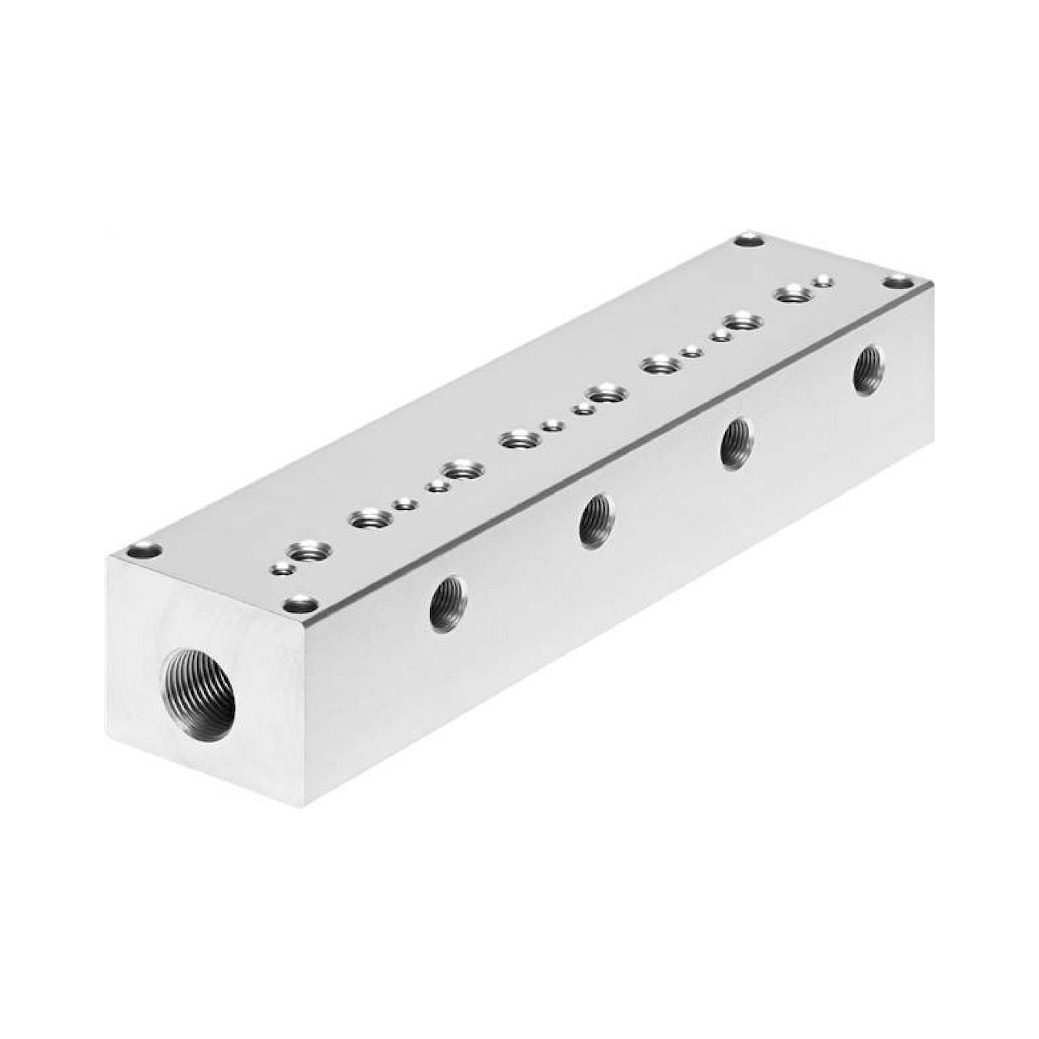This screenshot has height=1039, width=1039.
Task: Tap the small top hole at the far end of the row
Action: click(x=823, y=280)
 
